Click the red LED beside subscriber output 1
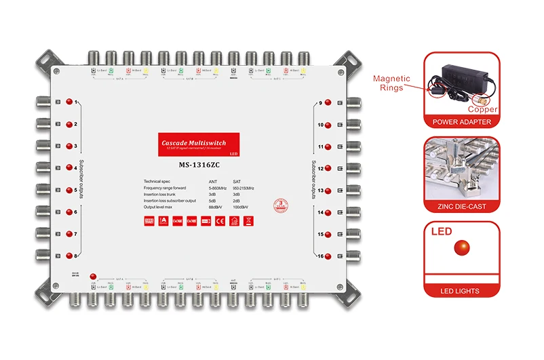pyautogui.click(x=69, y=102)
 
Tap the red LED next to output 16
pyautogui.click(x=328, y=256)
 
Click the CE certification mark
pyautogui.click(x=219, y=221)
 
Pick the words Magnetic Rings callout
pyautogui.click(x=392, y=83)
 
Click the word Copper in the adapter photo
pyautogui.click(x=483, y=109)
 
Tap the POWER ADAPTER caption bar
pyautogui.click(x=461, y=122)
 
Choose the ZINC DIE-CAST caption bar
pyautogui.click(x=461, y=206)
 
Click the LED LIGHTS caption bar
pyautogui.click(x=461, y=291)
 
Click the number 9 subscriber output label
pyautogui.click(x=319, y=103)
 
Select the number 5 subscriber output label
pyautogui.click(x=76, y=191)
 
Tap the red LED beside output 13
pyautogui.click(x=328, y=191)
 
